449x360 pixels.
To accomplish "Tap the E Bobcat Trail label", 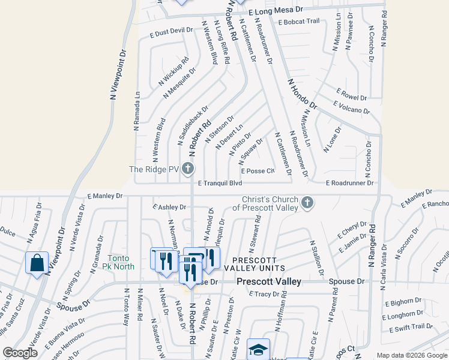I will click(x=299, y=22).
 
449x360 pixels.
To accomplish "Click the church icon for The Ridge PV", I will click(x=188, y=169).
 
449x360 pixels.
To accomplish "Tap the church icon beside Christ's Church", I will click(x=307, y=202).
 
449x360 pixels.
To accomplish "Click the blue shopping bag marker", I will click(x=37, y=262).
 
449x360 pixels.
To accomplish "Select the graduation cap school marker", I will click(x=258, y=349).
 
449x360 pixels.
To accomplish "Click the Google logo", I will click(x=20, y=353).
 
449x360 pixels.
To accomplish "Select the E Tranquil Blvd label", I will click(x=220, y=183).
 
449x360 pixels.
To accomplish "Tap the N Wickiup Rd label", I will click(x=174, y=70).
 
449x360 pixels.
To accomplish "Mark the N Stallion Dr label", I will click(x=318, y=258).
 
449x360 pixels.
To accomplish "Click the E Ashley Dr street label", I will click(x=169, y=207).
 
